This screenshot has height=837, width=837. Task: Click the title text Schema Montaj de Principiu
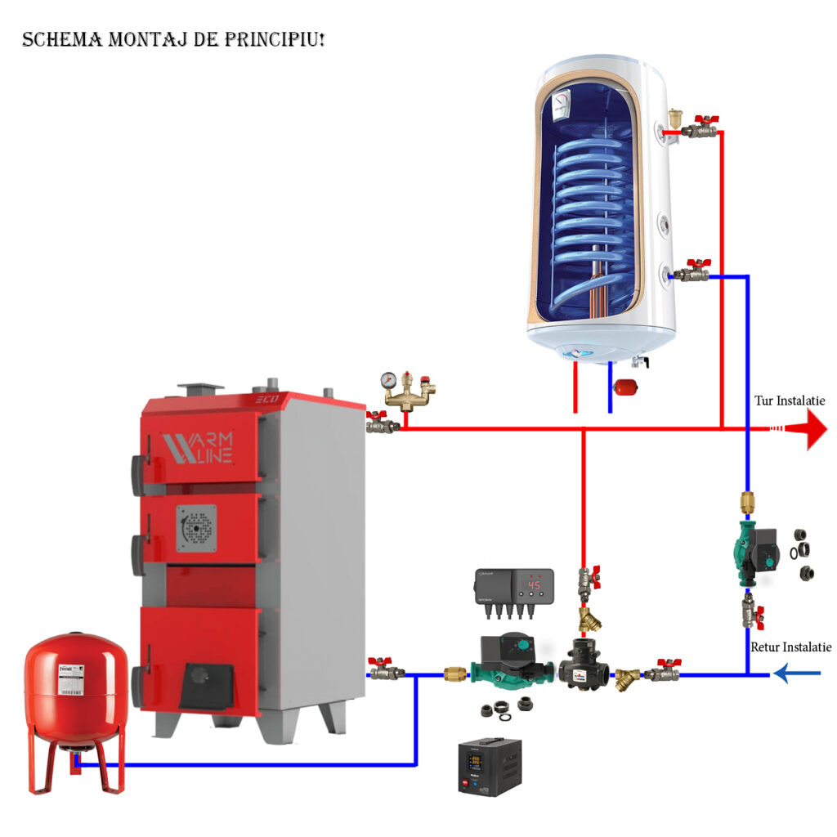point(173,39)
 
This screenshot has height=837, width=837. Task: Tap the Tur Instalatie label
point(790,401)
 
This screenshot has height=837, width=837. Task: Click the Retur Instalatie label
point(790,647)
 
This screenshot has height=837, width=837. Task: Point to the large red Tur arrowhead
point(816,428)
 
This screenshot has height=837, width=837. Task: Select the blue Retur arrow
point(796,674)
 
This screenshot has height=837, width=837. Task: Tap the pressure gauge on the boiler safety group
point(388,380)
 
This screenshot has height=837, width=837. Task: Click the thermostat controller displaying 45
point(513,587)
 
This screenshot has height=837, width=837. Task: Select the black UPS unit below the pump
point(489,766)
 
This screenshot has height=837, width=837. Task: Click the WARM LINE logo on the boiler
point(199,448)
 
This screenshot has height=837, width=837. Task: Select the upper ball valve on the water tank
point(698,128)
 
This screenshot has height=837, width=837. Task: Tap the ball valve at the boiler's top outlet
point(381,424)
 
